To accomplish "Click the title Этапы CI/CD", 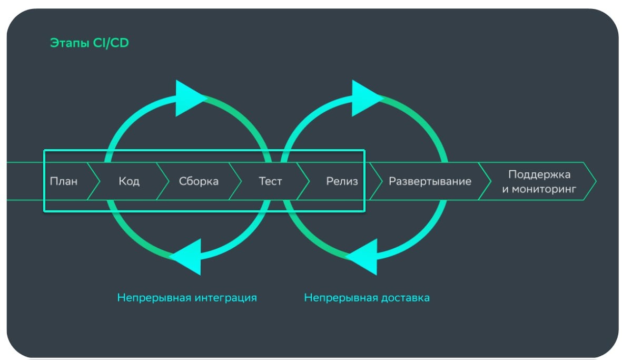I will pyautogui.click(x=89, y=43).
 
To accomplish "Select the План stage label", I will pyautogui.click(x=64, y=181).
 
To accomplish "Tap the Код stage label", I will pyautogui.click(x=129, y=181).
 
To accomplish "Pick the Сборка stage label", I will pyautogui.click(x=199, y=181).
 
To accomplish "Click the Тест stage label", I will pyautogui.click(x=270, y=181).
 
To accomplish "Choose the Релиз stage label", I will pyautogui.click(x=342, y=181).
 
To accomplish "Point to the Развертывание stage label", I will pyautogui.click(x=430, y=181).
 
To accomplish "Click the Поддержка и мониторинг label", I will pyautogui.click(x=539, y=181).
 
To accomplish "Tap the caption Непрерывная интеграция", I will pyautogui.click(x=187, y=298).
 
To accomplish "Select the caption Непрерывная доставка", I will pyautogui.click(x=367, y=298).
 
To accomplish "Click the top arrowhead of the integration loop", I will pyautogui.click(x=189, y=98).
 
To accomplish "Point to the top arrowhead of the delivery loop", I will pyautogui.click(x=366, y=98).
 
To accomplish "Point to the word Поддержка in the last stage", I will pyautogui.click(x=539, y=174).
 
